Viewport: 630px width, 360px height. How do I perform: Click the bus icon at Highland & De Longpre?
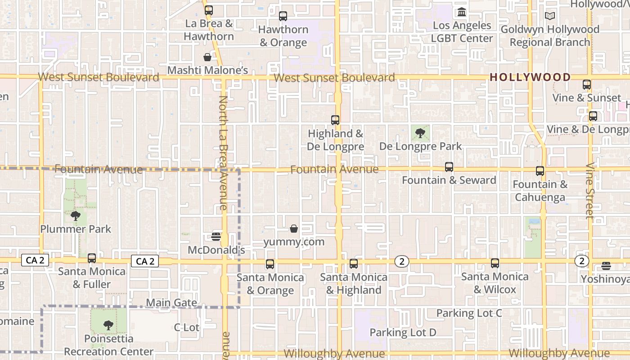point(335,120)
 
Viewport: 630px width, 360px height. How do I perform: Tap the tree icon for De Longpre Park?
point(420,133)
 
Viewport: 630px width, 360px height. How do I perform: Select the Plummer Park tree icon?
point(76,216)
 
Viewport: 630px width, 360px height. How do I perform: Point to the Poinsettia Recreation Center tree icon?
point(108,325)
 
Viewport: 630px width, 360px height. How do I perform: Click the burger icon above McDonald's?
point(216,236)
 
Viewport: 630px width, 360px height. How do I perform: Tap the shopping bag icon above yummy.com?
point(294,229)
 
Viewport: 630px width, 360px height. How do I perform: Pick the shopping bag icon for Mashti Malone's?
point(207,57)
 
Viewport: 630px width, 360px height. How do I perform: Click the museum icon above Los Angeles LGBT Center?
point(462,12)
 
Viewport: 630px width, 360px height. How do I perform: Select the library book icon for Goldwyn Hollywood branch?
point(550,16)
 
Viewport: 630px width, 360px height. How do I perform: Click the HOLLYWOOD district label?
point(530,77)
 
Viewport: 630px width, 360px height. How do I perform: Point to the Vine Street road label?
point(590,191)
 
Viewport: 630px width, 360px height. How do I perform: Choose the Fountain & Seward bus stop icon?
point(449,167)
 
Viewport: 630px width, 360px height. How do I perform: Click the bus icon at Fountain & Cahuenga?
point(540,171)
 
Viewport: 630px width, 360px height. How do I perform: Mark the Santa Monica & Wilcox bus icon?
point(495,263)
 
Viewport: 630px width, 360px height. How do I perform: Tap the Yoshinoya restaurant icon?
point(606,266)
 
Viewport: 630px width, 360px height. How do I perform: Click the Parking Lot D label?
point(403,333)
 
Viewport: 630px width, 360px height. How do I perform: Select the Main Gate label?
point(172,303)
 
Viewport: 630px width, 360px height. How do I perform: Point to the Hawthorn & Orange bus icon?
point(283,16)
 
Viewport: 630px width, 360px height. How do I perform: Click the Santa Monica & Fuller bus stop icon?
point(92,258)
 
